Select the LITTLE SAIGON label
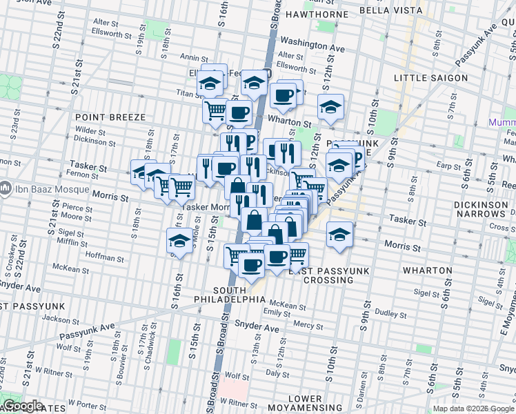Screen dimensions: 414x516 430,78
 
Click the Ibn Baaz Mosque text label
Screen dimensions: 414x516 43,187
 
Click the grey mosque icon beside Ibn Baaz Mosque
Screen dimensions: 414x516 6,187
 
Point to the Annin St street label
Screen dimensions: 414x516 189,57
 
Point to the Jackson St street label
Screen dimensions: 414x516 57,319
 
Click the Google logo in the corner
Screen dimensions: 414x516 23,406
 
